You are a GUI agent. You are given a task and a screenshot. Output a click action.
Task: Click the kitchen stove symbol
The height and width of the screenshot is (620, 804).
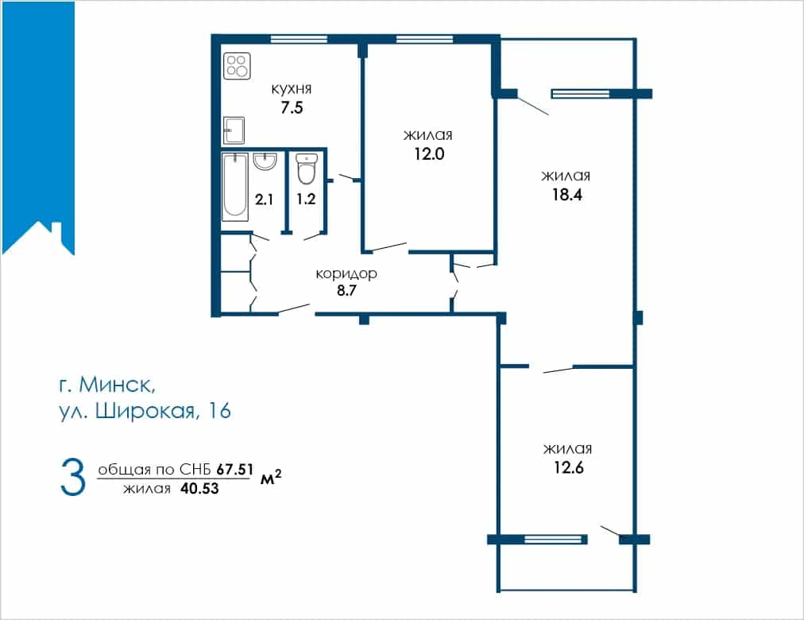[x=237, y=66]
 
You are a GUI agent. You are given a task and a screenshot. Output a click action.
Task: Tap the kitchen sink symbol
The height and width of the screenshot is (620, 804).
[x=234, y=130]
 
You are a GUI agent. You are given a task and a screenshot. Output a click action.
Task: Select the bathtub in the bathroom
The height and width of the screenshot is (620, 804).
[x=235, y=187]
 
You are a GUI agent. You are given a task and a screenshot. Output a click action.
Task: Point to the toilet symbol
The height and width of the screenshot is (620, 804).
[x=307, y=169]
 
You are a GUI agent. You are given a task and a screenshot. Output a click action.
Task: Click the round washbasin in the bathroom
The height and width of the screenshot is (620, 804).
[x=265, y=161]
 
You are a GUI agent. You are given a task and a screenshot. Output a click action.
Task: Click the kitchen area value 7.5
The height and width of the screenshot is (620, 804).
[x=292, y=108]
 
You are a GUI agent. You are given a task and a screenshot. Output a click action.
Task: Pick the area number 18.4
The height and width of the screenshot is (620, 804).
[x=567, y=195]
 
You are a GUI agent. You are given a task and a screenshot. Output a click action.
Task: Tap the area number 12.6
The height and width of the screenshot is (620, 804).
[x=569, y=467]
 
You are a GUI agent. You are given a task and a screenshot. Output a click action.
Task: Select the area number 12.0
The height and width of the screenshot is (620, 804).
[x=429, y=154]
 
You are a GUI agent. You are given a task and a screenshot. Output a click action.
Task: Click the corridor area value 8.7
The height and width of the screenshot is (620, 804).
[x=346, y=291]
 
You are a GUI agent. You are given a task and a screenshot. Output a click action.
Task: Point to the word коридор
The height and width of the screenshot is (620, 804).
[x=346, y=274]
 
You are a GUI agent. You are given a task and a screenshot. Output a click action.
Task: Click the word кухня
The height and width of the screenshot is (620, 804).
[x=292, y=89]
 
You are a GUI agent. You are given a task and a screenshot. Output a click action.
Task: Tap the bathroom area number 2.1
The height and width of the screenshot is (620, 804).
[x=264, y=199]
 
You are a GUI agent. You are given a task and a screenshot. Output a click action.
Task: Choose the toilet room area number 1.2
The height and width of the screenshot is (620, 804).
[x=306, y=199]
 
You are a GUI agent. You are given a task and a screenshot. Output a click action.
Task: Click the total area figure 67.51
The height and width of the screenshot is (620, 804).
[x=235, y=469]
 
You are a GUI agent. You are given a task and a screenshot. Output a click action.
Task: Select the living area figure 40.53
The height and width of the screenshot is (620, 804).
[x=199, y=489]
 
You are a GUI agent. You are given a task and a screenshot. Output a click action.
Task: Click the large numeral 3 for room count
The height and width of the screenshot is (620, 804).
[x=73, y=478]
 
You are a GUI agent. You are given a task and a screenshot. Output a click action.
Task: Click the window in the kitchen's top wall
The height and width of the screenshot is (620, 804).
[x=299, y=38]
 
